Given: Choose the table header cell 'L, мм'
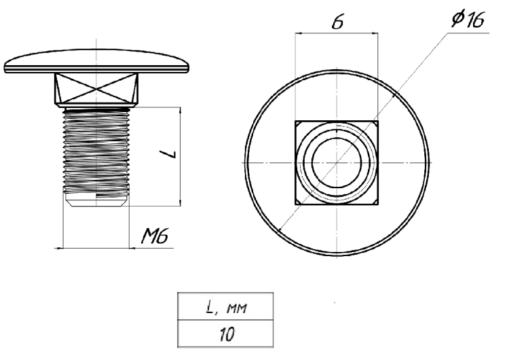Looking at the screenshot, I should (226, 309).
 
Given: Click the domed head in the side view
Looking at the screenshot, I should (97, 62).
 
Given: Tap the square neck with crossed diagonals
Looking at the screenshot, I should (97, 88).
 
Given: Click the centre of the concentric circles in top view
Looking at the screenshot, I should (337, 163).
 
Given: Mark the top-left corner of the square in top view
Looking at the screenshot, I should (296, 122).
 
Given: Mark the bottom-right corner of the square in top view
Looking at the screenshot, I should (377, 204).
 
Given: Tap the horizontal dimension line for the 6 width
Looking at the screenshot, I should (337, 33).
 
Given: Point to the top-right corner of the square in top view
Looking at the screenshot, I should (377, 122).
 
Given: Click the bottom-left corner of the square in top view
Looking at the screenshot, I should (296, 204).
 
